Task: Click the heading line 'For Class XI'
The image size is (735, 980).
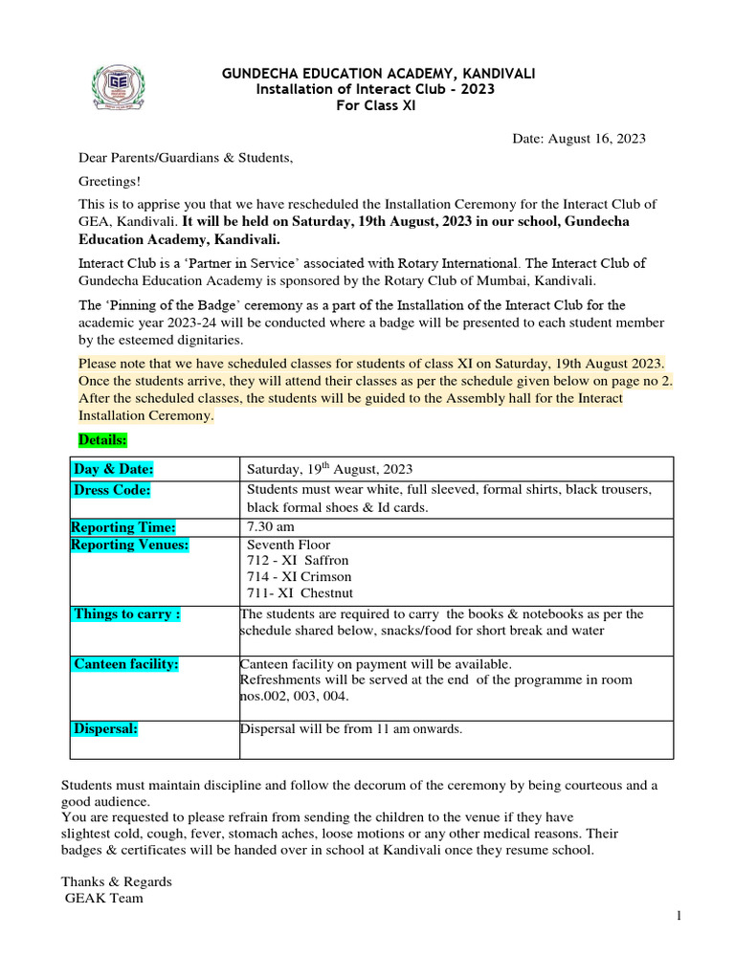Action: click(x=375, y=105)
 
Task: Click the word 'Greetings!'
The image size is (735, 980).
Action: click(x=110, y=181)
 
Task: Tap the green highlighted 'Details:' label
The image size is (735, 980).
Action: click(x=102, y=439)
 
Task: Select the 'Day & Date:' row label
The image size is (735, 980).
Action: click(x=114, y=469)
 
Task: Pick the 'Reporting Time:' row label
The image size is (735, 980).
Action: click(x=123, y=527)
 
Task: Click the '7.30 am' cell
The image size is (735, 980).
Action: click(x=271, y=527)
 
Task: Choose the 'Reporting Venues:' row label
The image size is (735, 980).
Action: click(x=130, y=545)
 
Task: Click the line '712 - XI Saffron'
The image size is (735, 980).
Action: click(x=299, y=560)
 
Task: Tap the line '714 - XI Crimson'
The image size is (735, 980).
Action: click(x=300, y=577)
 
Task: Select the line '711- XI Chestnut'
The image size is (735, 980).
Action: click(x=300, y=593)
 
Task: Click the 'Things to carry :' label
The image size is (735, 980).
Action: click(x=127, y=614)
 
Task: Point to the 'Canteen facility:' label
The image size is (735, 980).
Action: click(x=126, y=664)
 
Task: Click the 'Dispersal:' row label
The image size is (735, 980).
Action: click(x=106, y=728)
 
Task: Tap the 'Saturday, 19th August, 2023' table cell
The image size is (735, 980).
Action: click(x=330, y=469)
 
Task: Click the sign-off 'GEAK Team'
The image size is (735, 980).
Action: click(x=104, y=898)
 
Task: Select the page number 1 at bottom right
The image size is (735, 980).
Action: click(x=679, y=917)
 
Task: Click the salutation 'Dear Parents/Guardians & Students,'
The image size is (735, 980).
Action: click(x=186, y=158)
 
